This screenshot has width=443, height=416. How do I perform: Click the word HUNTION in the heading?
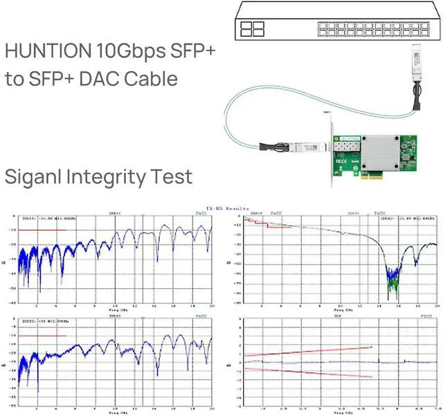(46, 51)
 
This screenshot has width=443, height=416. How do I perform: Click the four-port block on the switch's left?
(253, 29)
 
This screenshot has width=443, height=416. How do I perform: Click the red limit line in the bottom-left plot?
(43, 336)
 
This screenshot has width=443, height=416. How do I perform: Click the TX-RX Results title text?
(222, 207)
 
